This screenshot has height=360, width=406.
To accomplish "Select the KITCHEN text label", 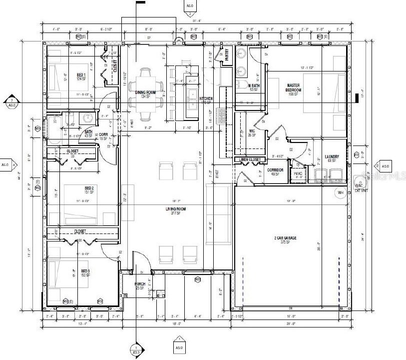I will click(206, 99).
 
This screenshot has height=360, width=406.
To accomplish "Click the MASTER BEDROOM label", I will click(293, 88).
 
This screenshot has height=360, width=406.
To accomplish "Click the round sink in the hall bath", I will click(88, 118).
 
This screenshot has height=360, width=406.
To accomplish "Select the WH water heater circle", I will click(340, 192).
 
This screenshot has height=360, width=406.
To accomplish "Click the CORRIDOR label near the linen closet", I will click(276, 170).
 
